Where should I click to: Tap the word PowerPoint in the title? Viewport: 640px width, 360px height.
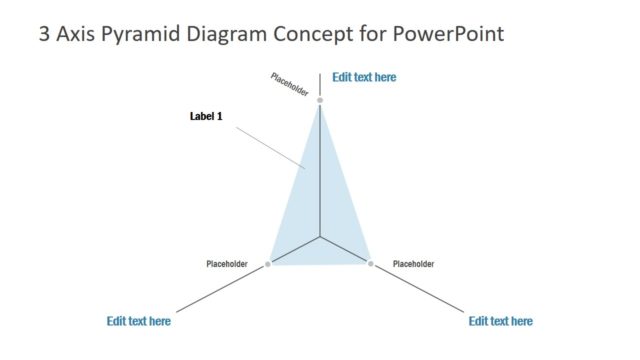tap(448, 35)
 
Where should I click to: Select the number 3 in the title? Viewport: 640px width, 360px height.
tap(43, 35)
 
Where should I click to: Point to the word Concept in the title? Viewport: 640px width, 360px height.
tap(314, 36)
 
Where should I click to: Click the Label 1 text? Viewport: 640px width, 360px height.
tap(205, 116)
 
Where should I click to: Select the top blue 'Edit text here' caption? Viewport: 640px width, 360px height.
tap(364, 77)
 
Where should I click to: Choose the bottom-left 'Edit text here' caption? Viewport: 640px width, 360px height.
tap(138, 321)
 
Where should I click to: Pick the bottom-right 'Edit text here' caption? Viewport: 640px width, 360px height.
tap(500, 321)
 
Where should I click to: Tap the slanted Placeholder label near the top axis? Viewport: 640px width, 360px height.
tap(289, 83)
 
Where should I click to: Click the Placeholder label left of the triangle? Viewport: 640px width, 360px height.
tap(227, 264)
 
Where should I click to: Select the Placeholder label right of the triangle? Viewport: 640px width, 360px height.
tap(413, 264)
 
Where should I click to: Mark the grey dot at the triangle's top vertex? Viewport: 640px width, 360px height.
tap(320, 101)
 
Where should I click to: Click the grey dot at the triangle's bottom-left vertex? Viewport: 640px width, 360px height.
tap(268, 264)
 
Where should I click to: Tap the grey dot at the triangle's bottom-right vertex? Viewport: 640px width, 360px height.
tap(371, 264)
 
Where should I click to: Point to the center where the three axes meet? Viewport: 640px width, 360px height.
tap(320, 238)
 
